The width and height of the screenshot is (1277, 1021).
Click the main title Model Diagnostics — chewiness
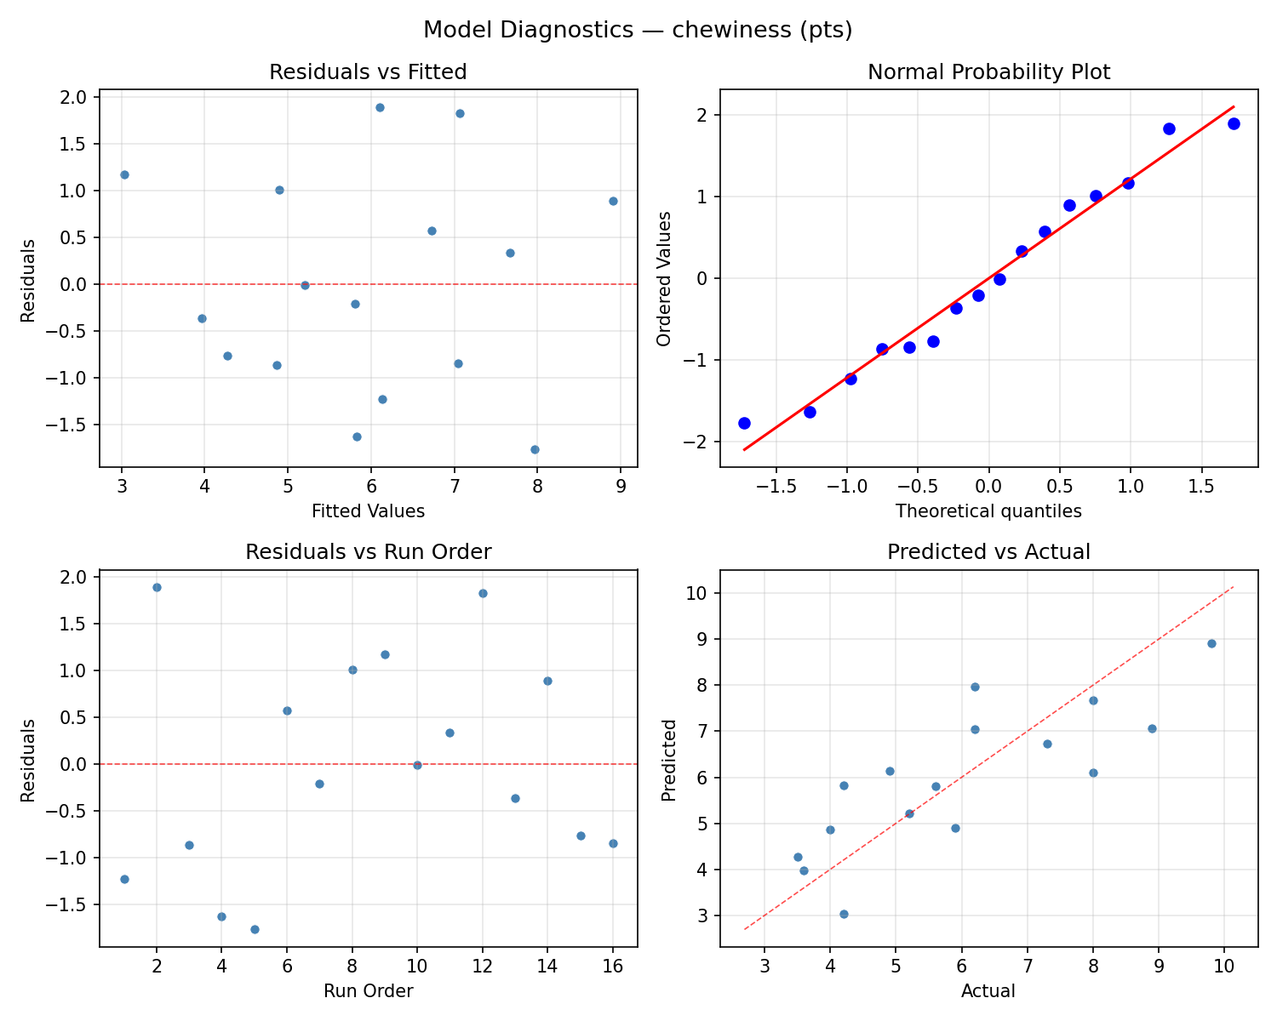click(638, 31)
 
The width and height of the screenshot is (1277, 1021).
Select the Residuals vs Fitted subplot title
click(368, 72)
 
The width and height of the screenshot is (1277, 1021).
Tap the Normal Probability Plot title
click(988, 72)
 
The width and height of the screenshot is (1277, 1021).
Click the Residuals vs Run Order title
click(368, 552)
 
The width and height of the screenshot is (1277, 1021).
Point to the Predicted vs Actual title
click(988, 552)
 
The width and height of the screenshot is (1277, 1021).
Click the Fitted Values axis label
click(368, 511)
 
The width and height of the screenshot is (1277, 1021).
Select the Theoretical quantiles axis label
click(988, 511)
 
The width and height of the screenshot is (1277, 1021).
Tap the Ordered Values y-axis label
click(665, 278)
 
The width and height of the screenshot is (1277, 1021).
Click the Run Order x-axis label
click(368, 991)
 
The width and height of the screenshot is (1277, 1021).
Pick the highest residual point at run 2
click(157, 587)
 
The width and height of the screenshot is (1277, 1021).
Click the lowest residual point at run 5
click(255, 929)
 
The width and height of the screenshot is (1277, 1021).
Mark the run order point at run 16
click(613, 843)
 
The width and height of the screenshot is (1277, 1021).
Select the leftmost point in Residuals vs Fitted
click(124, 174)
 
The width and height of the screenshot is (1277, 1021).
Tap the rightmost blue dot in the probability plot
click(1234, 123)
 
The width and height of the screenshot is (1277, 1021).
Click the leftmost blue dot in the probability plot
click(744, 423)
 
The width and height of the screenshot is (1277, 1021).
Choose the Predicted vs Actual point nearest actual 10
click(1211, 643)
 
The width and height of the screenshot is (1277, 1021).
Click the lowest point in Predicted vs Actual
click(844, 914)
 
